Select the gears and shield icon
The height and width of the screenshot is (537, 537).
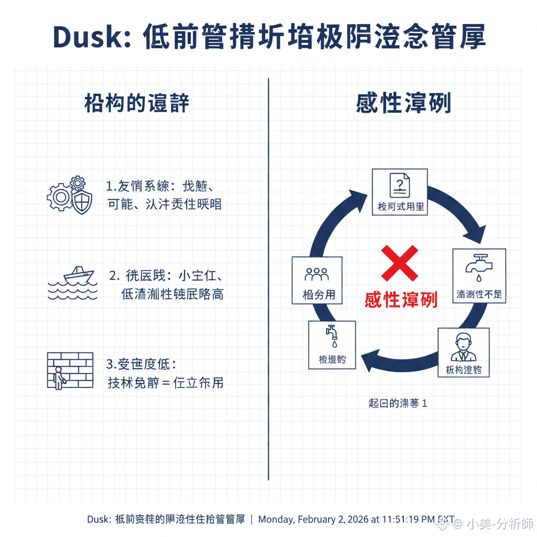pos(69,196)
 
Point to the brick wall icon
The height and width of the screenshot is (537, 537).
pos(70,371)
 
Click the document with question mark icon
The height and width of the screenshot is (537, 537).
pos(400,185)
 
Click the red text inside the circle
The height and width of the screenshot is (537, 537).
pos(401,299)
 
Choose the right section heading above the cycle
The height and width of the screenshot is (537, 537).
pos(403,103)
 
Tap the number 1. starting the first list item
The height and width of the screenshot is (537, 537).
pos(111,186)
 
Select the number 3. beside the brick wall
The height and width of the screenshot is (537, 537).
pos(111,364)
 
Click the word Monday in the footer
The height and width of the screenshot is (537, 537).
pos(276,520)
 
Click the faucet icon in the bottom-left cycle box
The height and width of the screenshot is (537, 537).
pos(331,336)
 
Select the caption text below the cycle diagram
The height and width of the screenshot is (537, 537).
pos(398,403)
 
